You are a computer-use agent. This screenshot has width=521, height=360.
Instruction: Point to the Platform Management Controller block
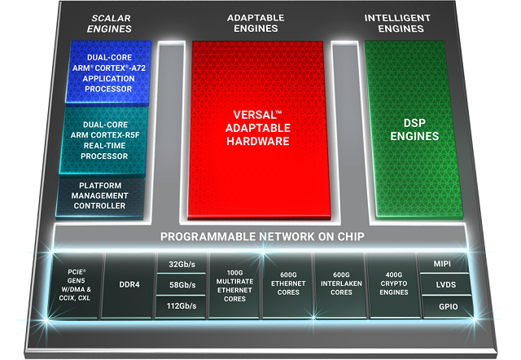pos(102,195)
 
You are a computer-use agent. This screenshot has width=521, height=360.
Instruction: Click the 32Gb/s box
pos(182,264)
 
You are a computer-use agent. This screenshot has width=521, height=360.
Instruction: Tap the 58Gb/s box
pos(182,284)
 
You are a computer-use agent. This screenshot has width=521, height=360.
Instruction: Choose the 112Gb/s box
pos(182,306)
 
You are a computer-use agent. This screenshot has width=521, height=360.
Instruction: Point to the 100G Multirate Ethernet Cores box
pos(234,285)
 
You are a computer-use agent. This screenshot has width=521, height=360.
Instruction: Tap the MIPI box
pos(443,264)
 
